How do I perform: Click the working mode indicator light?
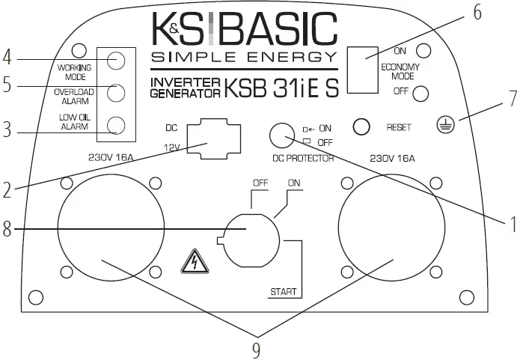115,61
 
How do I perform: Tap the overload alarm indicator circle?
115,92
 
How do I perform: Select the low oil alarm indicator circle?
115,124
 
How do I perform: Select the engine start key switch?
252,239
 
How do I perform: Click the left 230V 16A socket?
111,228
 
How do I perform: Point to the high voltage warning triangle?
192,263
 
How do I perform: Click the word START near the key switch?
284,290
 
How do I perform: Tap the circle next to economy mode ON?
423,51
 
